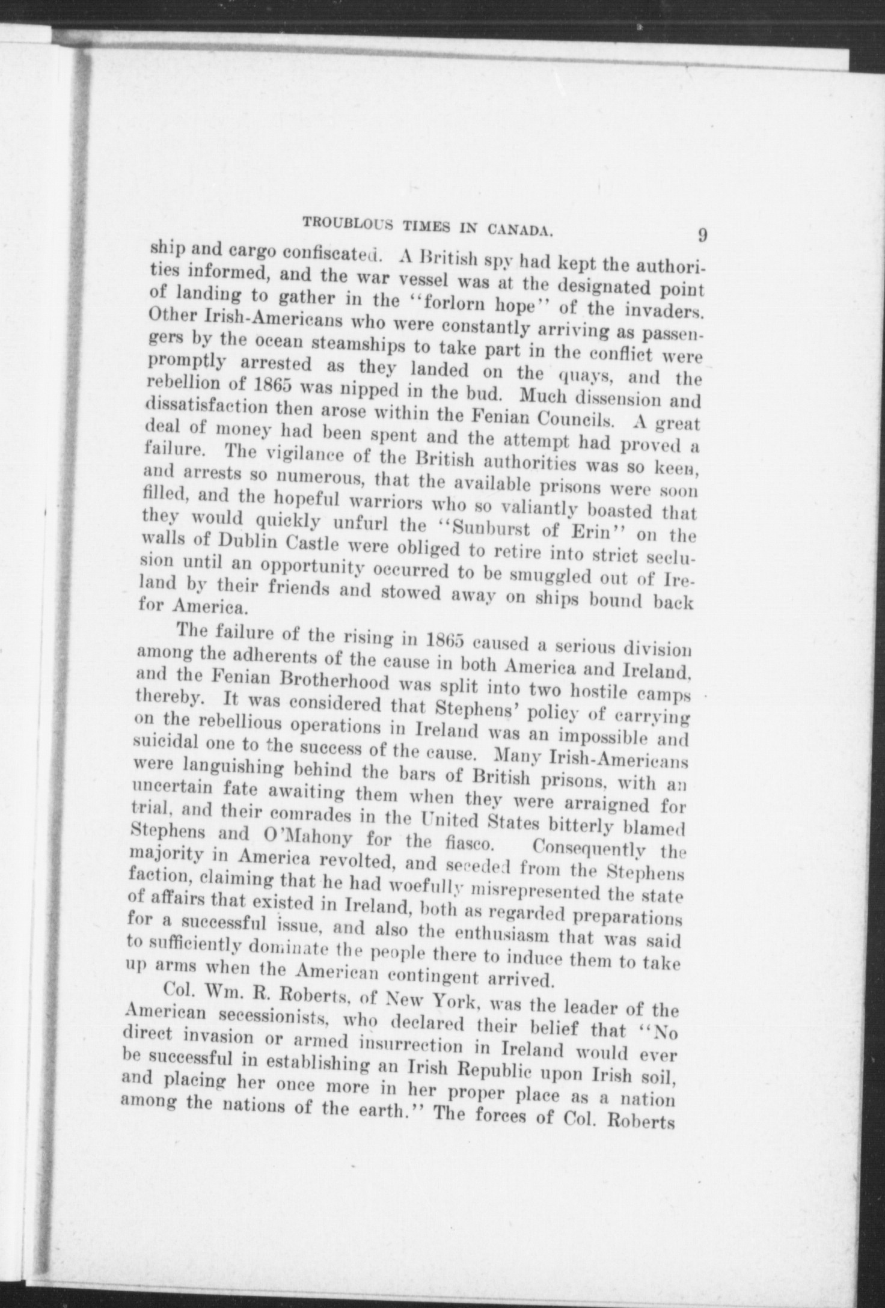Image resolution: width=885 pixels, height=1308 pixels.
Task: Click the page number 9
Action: point(701,235)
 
